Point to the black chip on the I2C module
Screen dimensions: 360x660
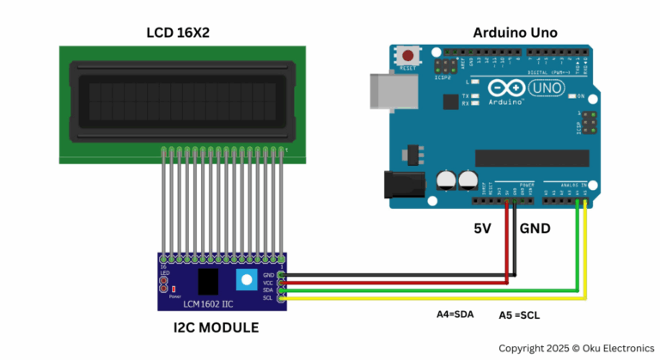pyautogui.click(x=207, y=281)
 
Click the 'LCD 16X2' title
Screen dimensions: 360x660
pyautogui.click(x=178, y=33)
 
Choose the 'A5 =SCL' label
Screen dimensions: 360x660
pyautogui.click(x=521, y=315)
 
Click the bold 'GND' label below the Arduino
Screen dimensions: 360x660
pyautogui.click(x=535, y=229)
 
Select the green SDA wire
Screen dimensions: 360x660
pyautogui.click(x=430, y=290)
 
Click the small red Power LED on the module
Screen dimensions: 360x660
pyautogui.click(x=174, y=287)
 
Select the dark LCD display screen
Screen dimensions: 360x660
pyautogui.click(x=180, y=100)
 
